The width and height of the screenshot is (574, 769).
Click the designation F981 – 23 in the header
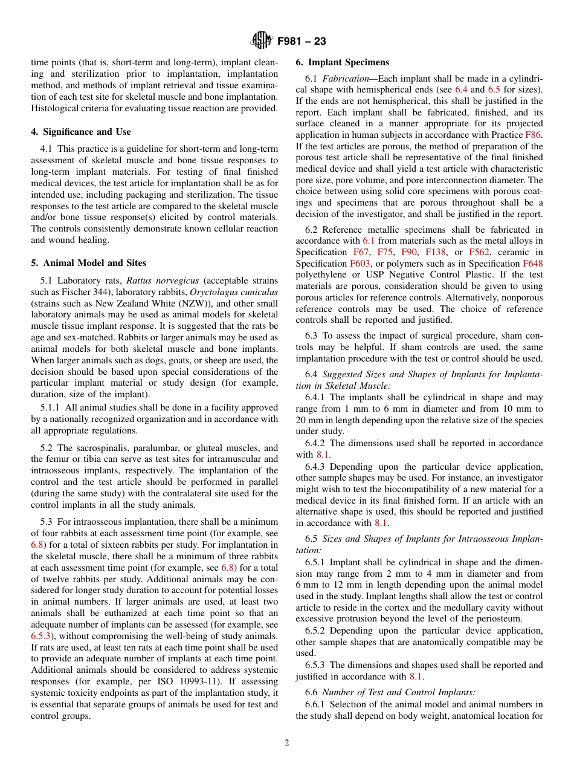point(302,42)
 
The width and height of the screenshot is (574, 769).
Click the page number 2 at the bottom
point(287,743)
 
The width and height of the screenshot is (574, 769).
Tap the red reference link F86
point(534,135)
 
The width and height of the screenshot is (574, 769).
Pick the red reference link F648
point(532,264)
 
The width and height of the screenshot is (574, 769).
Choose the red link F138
point(437,252)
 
